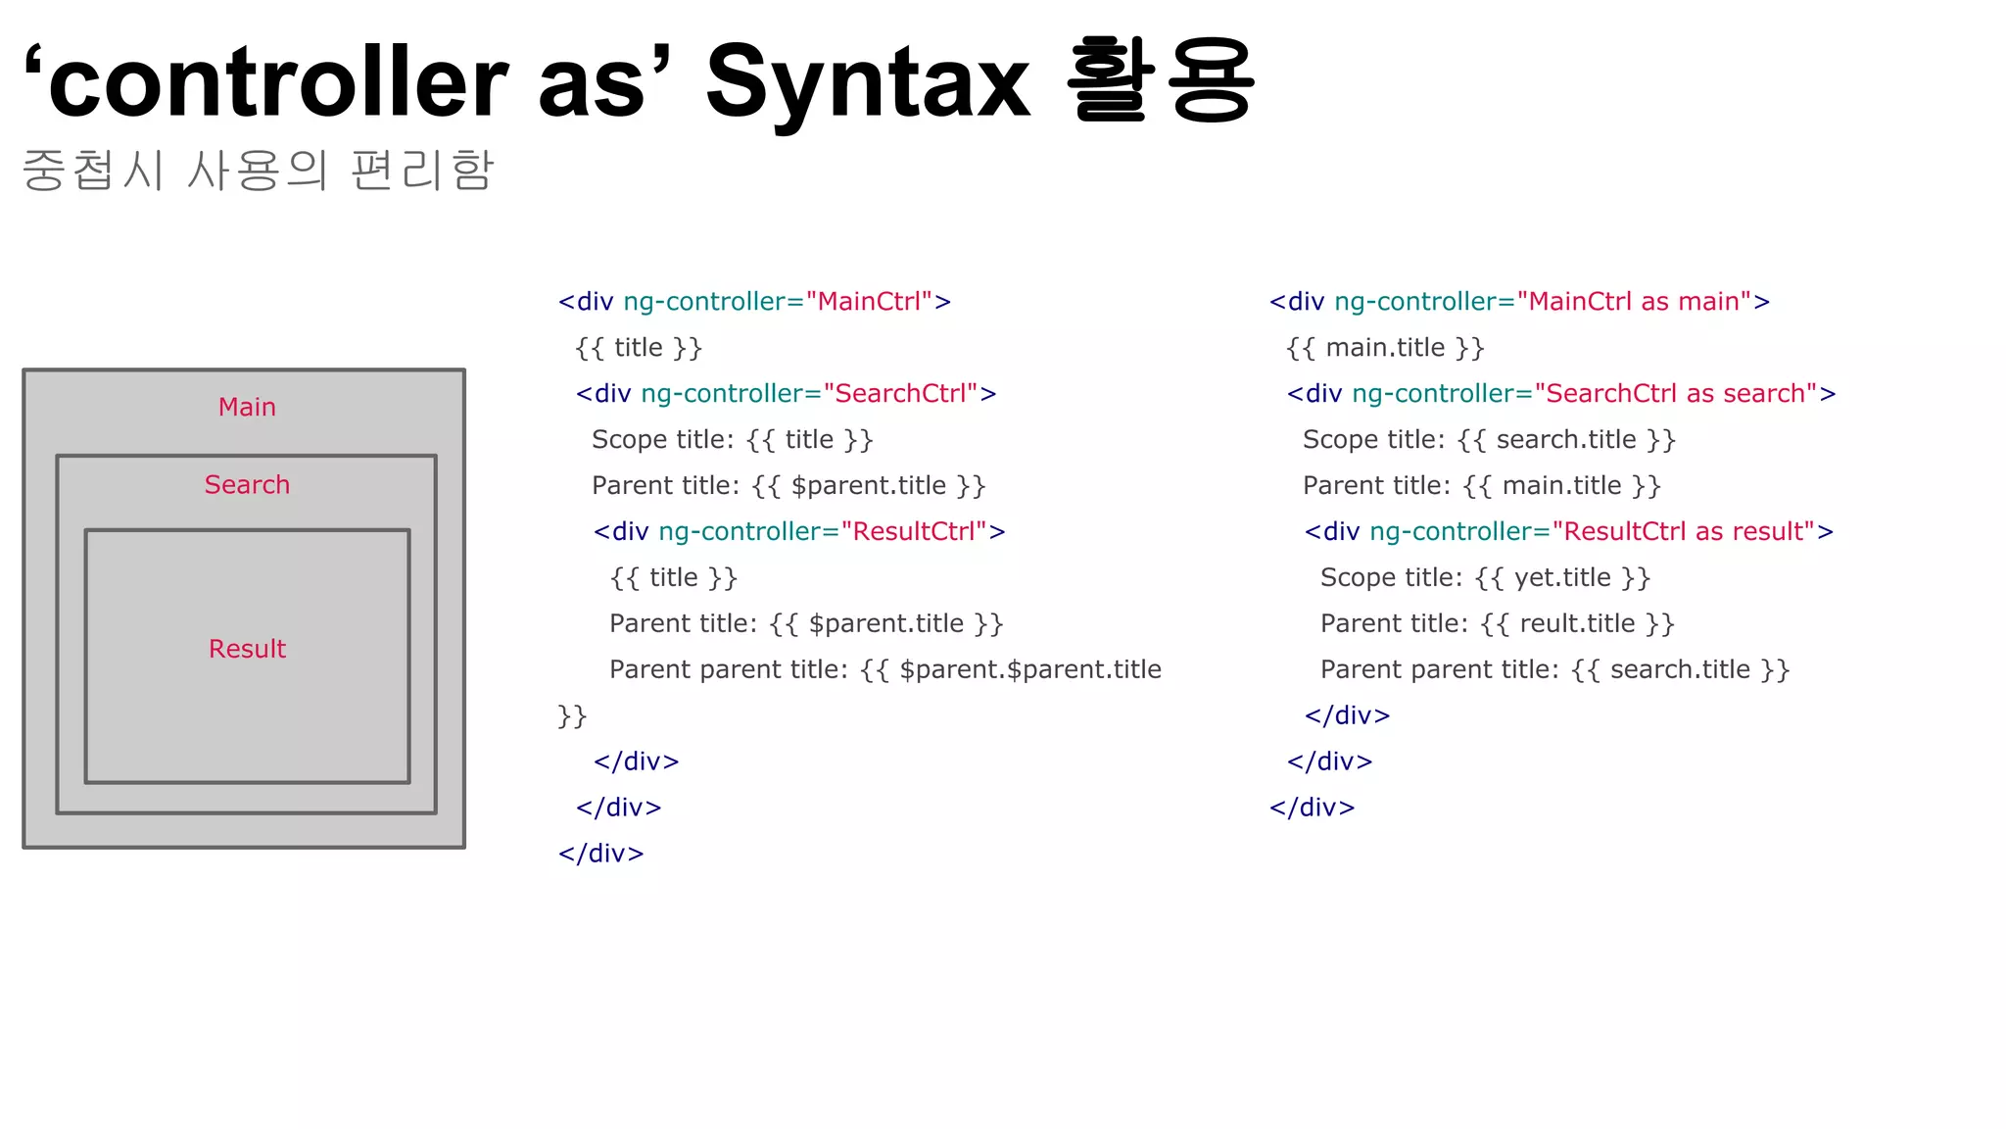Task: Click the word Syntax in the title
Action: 868,83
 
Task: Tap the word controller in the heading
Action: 277,83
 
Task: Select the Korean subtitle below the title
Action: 258,170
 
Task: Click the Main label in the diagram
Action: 247,407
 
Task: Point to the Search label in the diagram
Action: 247,484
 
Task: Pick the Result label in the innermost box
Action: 247,649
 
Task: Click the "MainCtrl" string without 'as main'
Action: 869,301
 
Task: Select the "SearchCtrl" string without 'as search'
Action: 901,393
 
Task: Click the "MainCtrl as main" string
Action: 1634,301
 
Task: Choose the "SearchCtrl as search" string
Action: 1676,393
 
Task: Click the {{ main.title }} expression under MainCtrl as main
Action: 1385,348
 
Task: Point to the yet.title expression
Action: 1563,577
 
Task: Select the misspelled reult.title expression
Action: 1577,623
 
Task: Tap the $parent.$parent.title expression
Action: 1029,669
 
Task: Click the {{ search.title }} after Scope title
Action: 1566,439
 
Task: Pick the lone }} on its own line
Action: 572,715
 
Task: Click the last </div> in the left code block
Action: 600,854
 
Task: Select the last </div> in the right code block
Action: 1312,808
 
